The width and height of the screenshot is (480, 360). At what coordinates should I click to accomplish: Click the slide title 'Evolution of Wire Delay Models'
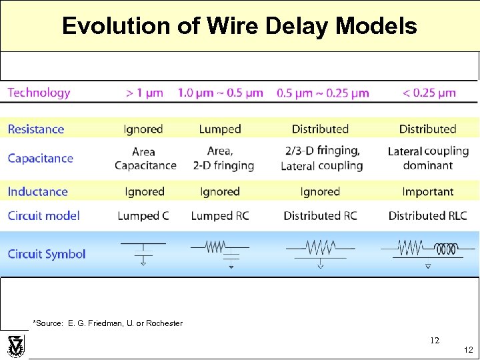(239, 26)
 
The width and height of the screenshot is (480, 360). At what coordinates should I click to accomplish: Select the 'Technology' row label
(39, 93)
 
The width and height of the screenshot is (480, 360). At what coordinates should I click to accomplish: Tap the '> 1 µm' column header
(144, 93)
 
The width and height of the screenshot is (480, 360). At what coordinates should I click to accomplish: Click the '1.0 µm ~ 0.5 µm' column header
(220, 93)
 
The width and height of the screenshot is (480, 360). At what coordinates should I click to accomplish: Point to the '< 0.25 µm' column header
(429, 93)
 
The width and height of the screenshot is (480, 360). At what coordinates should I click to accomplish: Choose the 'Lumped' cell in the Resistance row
(219, 129)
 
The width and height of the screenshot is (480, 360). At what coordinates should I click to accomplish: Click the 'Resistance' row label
(36, 129)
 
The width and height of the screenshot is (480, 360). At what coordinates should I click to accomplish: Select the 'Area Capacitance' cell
(145, 159)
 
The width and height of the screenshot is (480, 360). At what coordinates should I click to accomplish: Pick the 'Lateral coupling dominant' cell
(427, 159)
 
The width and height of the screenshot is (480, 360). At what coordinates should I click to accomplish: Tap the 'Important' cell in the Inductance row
(427, 191)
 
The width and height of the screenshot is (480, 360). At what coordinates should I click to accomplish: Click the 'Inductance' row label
(38, 191)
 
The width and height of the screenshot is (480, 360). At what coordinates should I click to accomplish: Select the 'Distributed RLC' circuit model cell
(427, 215)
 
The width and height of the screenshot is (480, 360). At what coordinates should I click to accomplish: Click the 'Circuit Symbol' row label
(47, 253)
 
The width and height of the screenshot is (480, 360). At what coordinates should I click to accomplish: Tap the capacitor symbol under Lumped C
(143, 252)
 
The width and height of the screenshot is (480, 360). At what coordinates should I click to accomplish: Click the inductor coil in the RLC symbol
(446, 249)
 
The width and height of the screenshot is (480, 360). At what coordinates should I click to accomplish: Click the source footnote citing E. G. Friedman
(107, 323)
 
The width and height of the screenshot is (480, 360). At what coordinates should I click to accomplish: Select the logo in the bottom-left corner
(14, 345)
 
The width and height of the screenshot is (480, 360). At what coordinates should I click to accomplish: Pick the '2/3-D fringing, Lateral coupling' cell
(321, 159)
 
